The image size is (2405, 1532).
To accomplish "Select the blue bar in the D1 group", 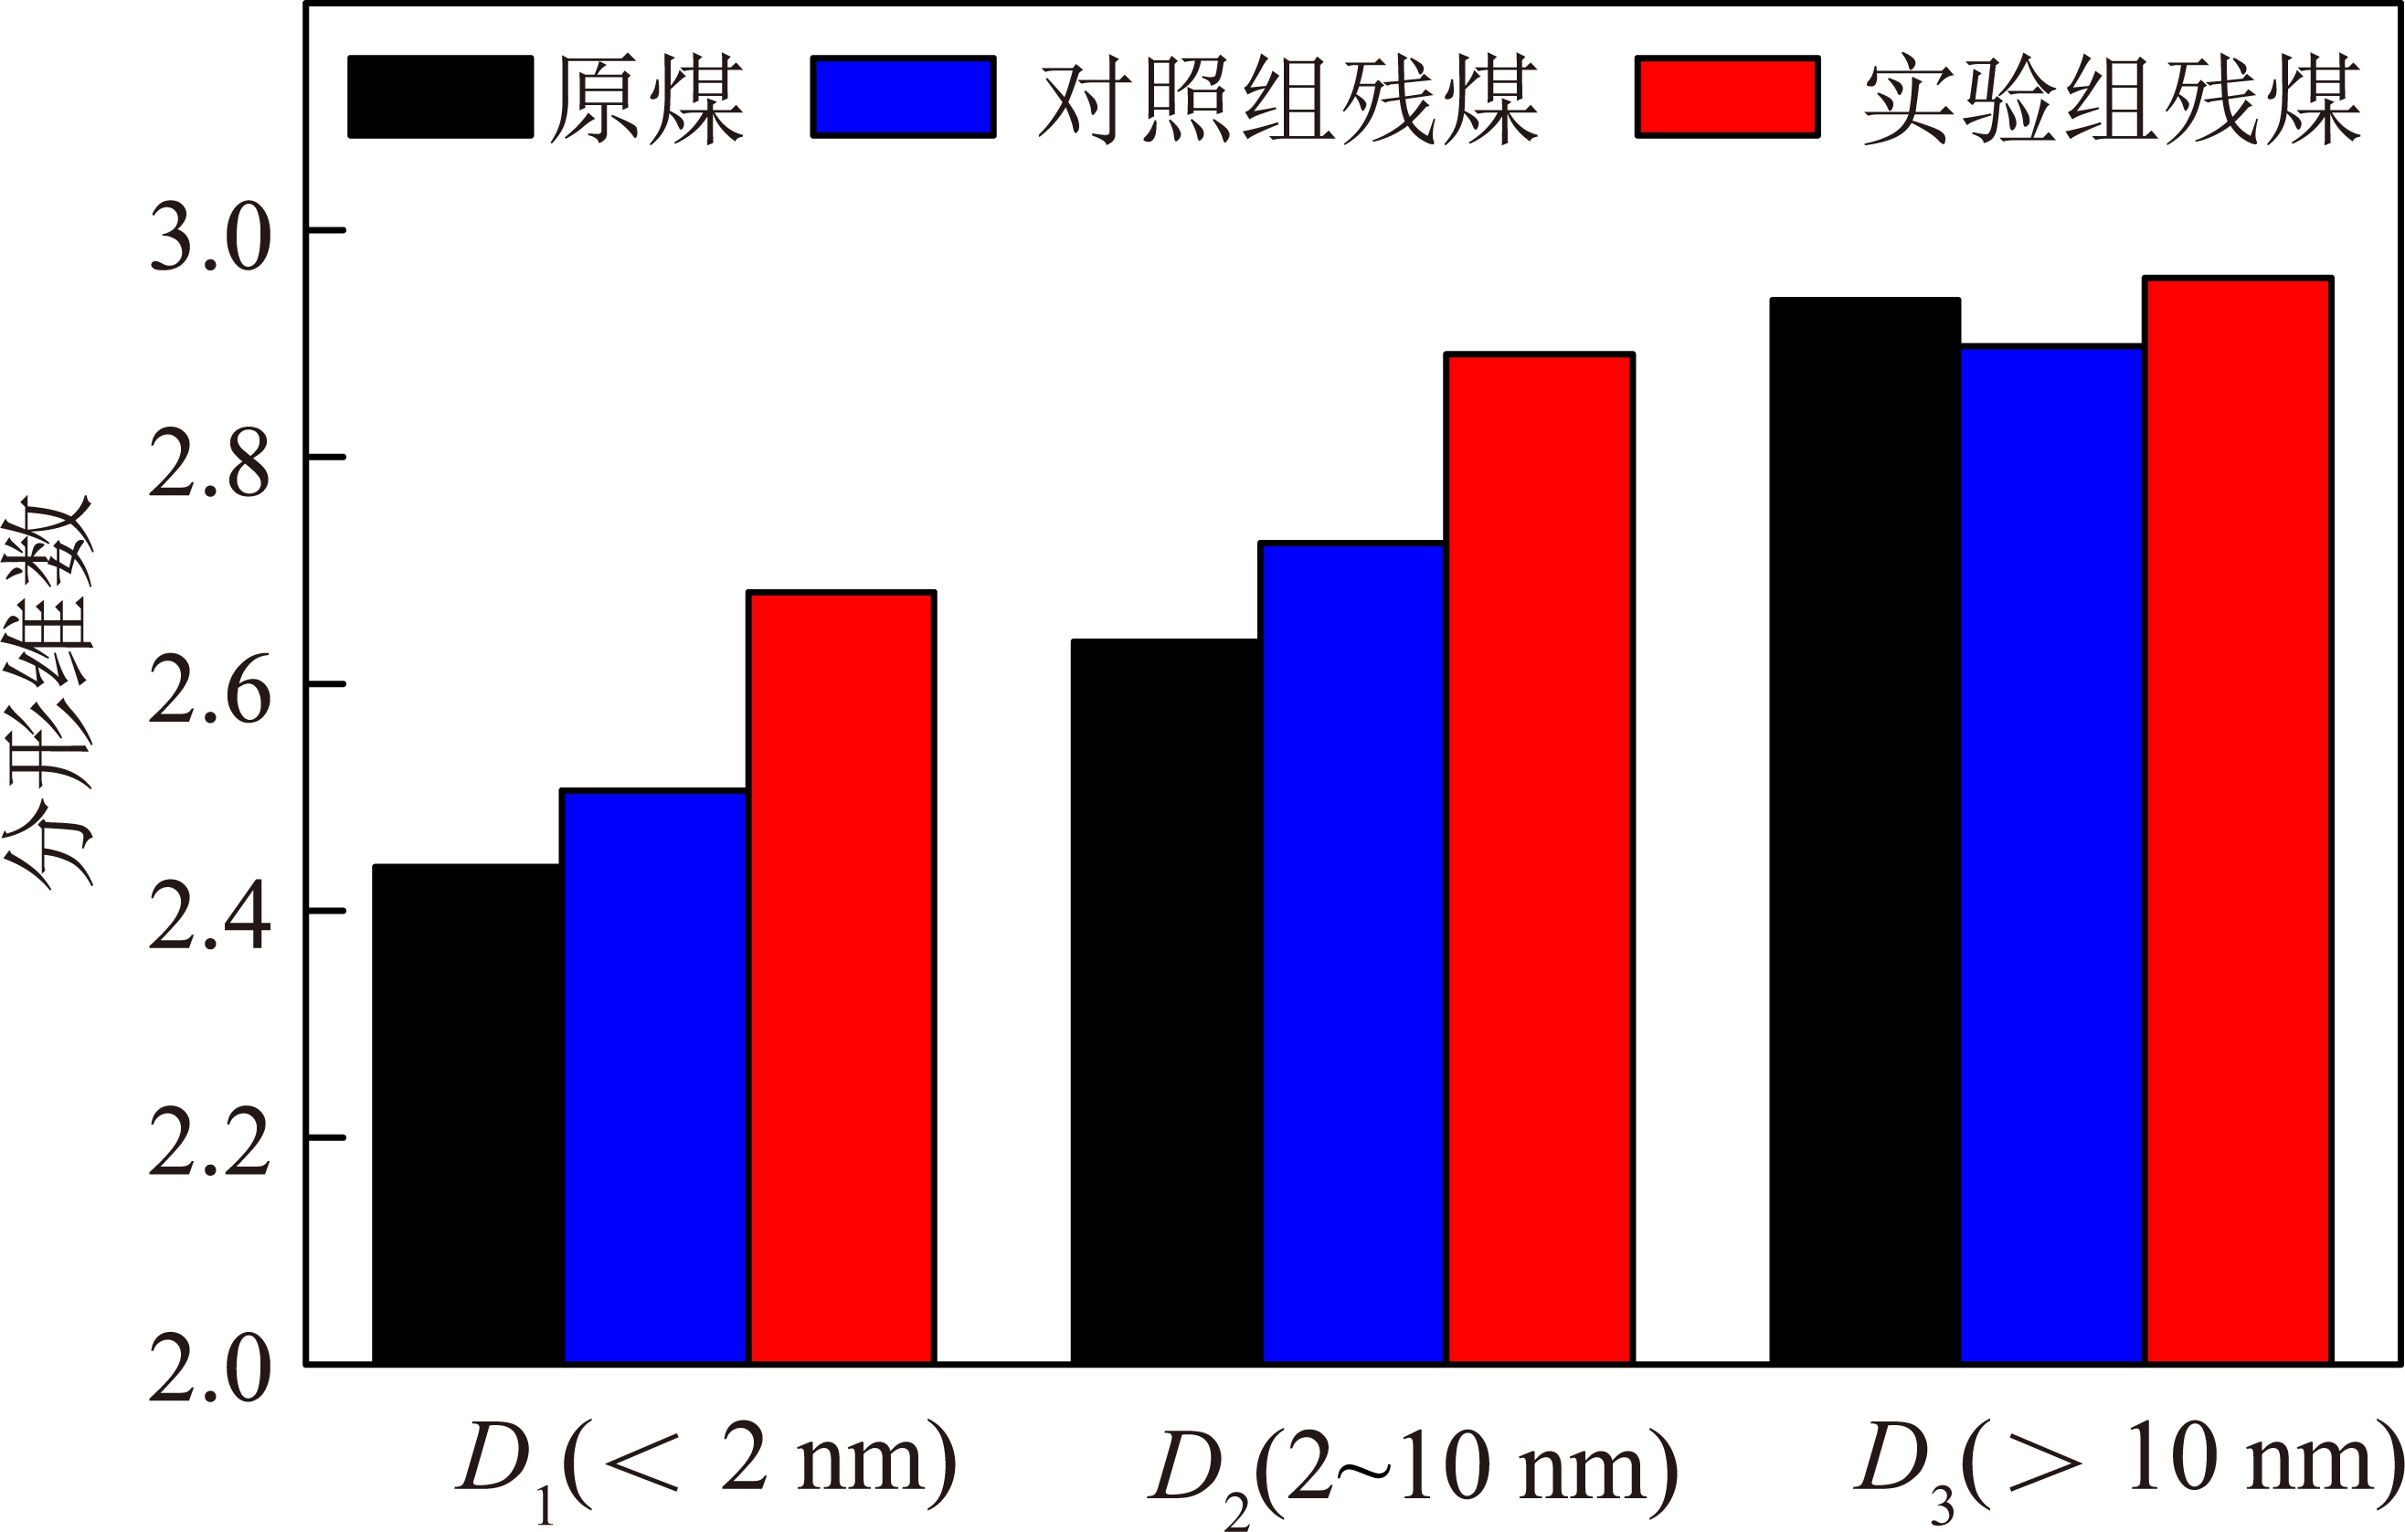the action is tap(655, 1076).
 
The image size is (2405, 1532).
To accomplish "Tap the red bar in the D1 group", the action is tap(842, 977).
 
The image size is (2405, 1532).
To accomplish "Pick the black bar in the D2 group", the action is tap(1166, 1001).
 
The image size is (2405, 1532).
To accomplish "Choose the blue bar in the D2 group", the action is tap(1353, 953).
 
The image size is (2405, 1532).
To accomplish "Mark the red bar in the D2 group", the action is tap(1540, 859).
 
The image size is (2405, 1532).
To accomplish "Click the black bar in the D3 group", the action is tap(1865, 831).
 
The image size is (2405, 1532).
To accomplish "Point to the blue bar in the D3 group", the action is tap(2052, 855).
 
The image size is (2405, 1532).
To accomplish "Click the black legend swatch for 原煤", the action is tap(440, 97).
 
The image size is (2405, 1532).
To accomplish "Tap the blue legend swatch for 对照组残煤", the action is tap(904, 97).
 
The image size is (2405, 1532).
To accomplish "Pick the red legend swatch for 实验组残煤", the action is tap(1728, 97).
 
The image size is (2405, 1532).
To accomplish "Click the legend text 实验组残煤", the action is tap(2113, 99).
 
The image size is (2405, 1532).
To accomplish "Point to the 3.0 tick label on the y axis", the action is tap(210, 238).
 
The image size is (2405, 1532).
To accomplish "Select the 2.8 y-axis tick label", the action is tap(210, 463).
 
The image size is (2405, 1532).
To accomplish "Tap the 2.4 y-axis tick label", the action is tap(210, 917).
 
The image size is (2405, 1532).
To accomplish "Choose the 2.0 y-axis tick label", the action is tap(210, 1370).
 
